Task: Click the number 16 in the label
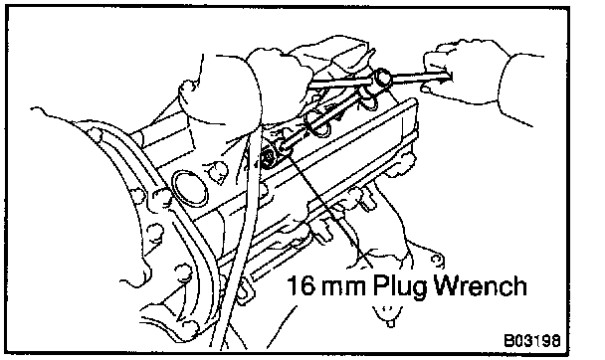point(300,285)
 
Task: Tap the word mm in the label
point(342,288)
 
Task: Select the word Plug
point(400,287)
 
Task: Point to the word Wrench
point(481,285)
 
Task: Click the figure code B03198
point(532,341)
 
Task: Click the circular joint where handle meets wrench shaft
point(383,78)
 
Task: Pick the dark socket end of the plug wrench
point(269,156)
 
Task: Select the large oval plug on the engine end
point(189,189)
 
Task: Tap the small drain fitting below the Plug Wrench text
point(389,316)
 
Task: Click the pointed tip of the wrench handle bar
point(451,77)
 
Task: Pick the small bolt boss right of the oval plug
point(217,171)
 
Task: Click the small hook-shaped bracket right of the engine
point(436,261)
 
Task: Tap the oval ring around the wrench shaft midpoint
point(317,122)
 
